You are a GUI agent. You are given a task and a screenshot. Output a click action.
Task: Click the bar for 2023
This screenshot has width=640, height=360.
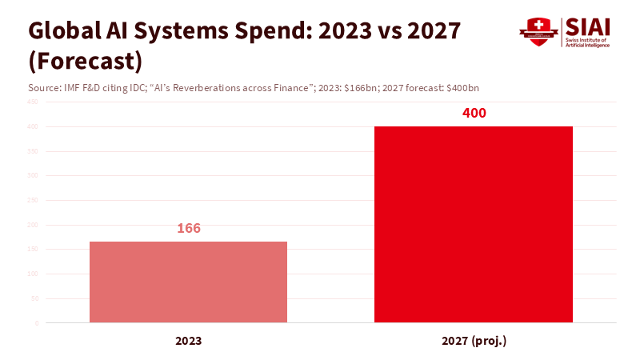pyautogui.click(x=188, y=282)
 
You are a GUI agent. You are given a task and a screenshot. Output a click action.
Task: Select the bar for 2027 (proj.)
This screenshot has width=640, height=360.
pyautogui.click(x=474, y=224)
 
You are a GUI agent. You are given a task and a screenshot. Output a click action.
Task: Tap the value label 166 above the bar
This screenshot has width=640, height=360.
pyautogui.click(x=188, y=229)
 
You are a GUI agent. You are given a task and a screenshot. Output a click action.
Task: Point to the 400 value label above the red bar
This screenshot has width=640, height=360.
pyautogui.click(x=474, y=113)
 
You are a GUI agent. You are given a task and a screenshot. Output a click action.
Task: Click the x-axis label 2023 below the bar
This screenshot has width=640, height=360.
pyautogui.click(x=188, y=341)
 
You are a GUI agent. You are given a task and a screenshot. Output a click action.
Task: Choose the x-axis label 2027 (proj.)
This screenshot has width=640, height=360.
pyautogui.click(x=474, y=341)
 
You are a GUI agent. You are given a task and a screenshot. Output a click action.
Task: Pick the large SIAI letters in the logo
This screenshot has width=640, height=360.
pyautogui.click(x=588, y=26)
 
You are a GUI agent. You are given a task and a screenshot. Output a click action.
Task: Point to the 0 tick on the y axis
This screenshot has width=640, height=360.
pyautogui.click(x=37, y=323)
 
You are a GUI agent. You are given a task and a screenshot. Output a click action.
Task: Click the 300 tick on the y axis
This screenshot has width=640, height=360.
pyautogui.click(x=34, y=175)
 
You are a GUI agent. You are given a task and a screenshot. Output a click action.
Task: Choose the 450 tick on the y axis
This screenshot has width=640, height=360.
pyautogui.click(x=34, y=102)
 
